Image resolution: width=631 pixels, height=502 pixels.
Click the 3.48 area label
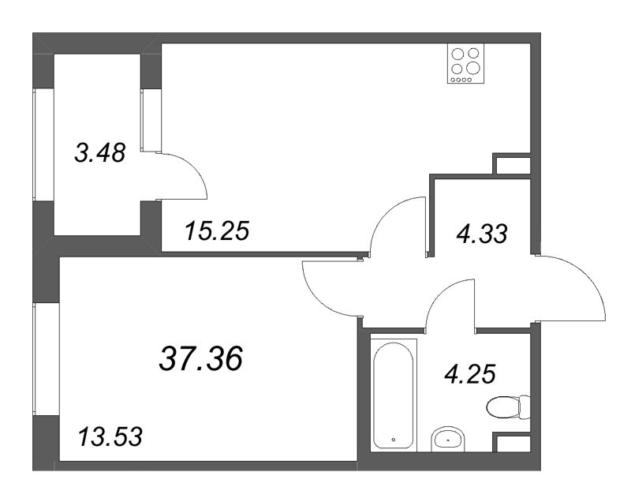pyautogui.click(x=100, y=153)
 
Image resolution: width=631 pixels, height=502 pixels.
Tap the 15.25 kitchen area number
pyautogui.click(x=218, y=231)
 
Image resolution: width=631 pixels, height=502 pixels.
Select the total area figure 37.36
pyautogui.click(x=201, y=358)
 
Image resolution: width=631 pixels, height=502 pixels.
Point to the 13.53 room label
pyautogui.click(x=110, y=436)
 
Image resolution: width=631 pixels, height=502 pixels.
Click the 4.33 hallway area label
pyautogui.click(x=482, y=234)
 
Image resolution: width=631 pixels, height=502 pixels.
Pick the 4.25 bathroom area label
pyautogui.click(x=469, y=373)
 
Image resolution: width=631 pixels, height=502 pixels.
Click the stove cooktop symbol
pyautogui.click(x=465, y=64)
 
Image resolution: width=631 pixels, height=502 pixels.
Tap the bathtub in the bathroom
pyautogui.click(x=393, y=395)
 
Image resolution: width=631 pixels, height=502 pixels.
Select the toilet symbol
pyautogui.click(x=508, y=407)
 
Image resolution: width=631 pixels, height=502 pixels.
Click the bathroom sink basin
pyautogui.click(x=448, y=439)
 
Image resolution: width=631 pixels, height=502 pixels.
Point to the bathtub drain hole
pyautogui.click(x=393, y=440)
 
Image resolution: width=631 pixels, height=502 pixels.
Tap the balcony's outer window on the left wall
pyautogui.click(x=43, y=144)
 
